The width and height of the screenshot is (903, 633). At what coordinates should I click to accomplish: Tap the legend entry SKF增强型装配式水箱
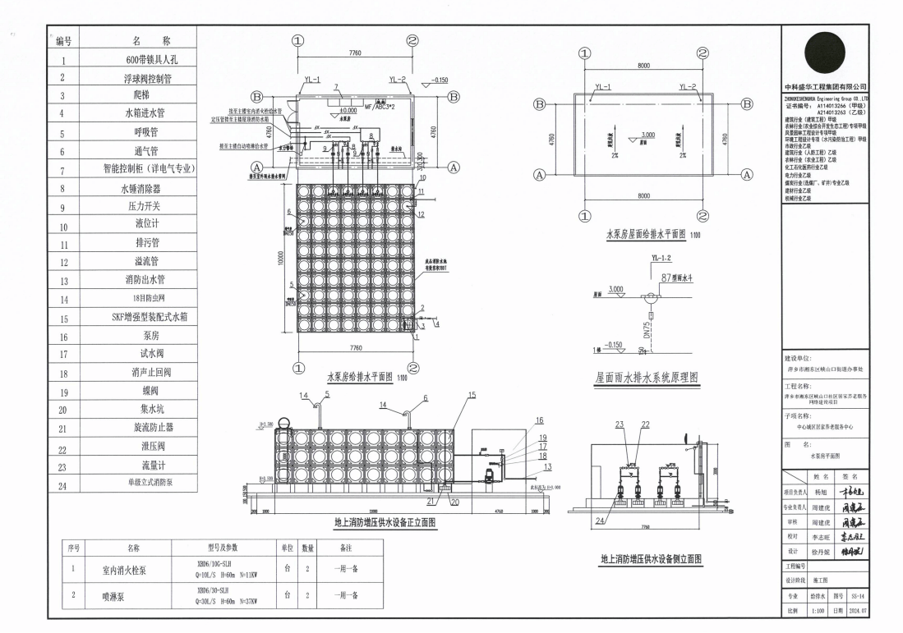coord(150,317)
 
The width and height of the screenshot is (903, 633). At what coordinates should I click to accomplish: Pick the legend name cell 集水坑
coord(150,409)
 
